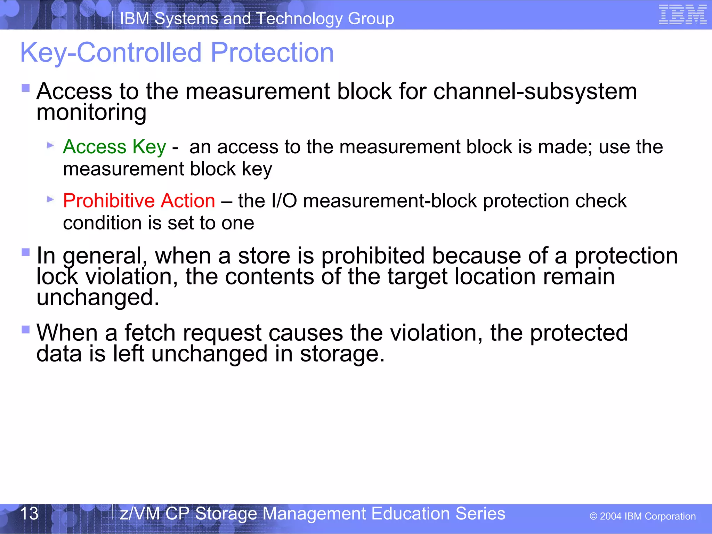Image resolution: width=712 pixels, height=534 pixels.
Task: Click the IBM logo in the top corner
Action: (682, 15)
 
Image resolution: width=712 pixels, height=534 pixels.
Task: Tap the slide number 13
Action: (29, 513)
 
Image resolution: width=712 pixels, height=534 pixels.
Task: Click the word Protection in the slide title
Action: (272, 52)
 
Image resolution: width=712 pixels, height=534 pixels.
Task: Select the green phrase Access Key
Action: (114, 147)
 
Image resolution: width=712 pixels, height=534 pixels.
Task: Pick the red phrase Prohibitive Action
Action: (139, 201)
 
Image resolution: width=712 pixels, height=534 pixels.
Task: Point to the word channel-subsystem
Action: (535, 91)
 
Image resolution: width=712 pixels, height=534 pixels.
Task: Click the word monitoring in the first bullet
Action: (91, 113)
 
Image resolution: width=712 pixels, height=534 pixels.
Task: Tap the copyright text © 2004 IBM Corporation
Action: (642, 516)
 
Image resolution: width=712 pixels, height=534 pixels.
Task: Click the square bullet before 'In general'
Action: (26, 252)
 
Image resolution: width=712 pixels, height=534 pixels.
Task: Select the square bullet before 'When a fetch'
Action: (26, 329)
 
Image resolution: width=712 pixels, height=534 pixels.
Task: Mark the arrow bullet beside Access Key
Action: (51, 145)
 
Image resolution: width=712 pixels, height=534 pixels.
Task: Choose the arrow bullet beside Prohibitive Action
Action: (51, 200)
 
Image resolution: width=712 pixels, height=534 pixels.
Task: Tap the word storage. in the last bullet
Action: (342, 354)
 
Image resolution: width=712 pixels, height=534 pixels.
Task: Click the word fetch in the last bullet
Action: (150, 333)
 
